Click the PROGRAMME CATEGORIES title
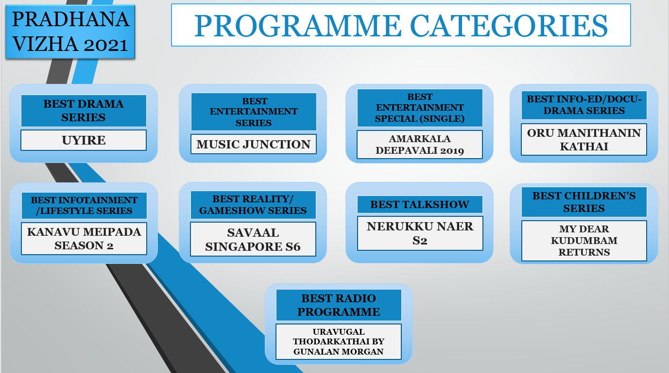401,25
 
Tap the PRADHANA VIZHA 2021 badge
70,32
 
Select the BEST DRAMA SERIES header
84,111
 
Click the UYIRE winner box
84,140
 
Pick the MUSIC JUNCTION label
253,145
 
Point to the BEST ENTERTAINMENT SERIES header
254,112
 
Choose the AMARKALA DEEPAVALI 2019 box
420,145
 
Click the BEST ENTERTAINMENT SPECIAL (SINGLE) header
420,108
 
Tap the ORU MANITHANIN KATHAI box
584,140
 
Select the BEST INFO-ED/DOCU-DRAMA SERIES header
584,105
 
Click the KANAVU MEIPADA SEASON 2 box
84,239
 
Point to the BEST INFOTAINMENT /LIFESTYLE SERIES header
84,206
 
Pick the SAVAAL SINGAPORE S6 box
253,239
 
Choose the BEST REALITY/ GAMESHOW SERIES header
253,205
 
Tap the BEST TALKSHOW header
420,204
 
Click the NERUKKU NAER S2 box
420,233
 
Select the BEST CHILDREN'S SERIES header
584,202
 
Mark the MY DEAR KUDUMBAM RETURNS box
584,241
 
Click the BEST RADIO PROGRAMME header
339,305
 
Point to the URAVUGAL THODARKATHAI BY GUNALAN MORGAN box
338,341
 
